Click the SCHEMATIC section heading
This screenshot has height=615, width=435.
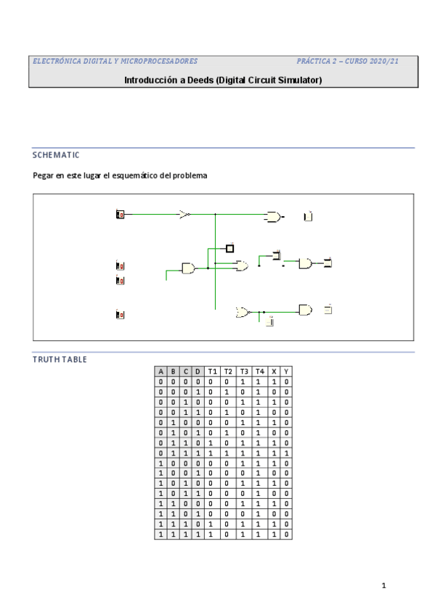coord(56,155)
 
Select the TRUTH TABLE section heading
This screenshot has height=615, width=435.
coord(60,359)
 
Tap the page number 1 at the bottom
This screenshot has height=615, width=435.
coord(383,585)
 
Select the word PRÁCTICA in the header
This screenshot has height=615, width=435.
coord(315,62)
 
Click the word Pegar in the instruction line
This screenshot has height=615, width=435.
coord(44,176)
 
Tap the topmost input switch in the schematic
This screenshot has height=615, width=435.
coord(121,215)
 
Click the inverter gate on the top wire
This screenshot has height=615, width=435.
coord(185,215)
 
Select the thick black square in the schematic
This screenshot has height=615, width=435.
coord(230,249)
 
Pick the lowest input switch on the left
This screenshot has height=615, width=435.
coord(121,315)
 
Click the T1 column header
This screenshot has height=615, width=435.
coord(212,371)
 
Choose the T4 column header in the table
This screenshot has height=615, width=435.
coord(260,371)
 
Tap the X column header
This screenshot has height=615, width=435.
coord(275,371)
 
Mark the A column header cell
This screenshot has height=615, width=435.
coord(160,371)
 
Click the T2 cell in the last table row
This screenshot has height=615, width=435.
coord(227,534)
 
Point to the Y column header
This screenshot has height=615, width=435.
coord(287,371)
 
